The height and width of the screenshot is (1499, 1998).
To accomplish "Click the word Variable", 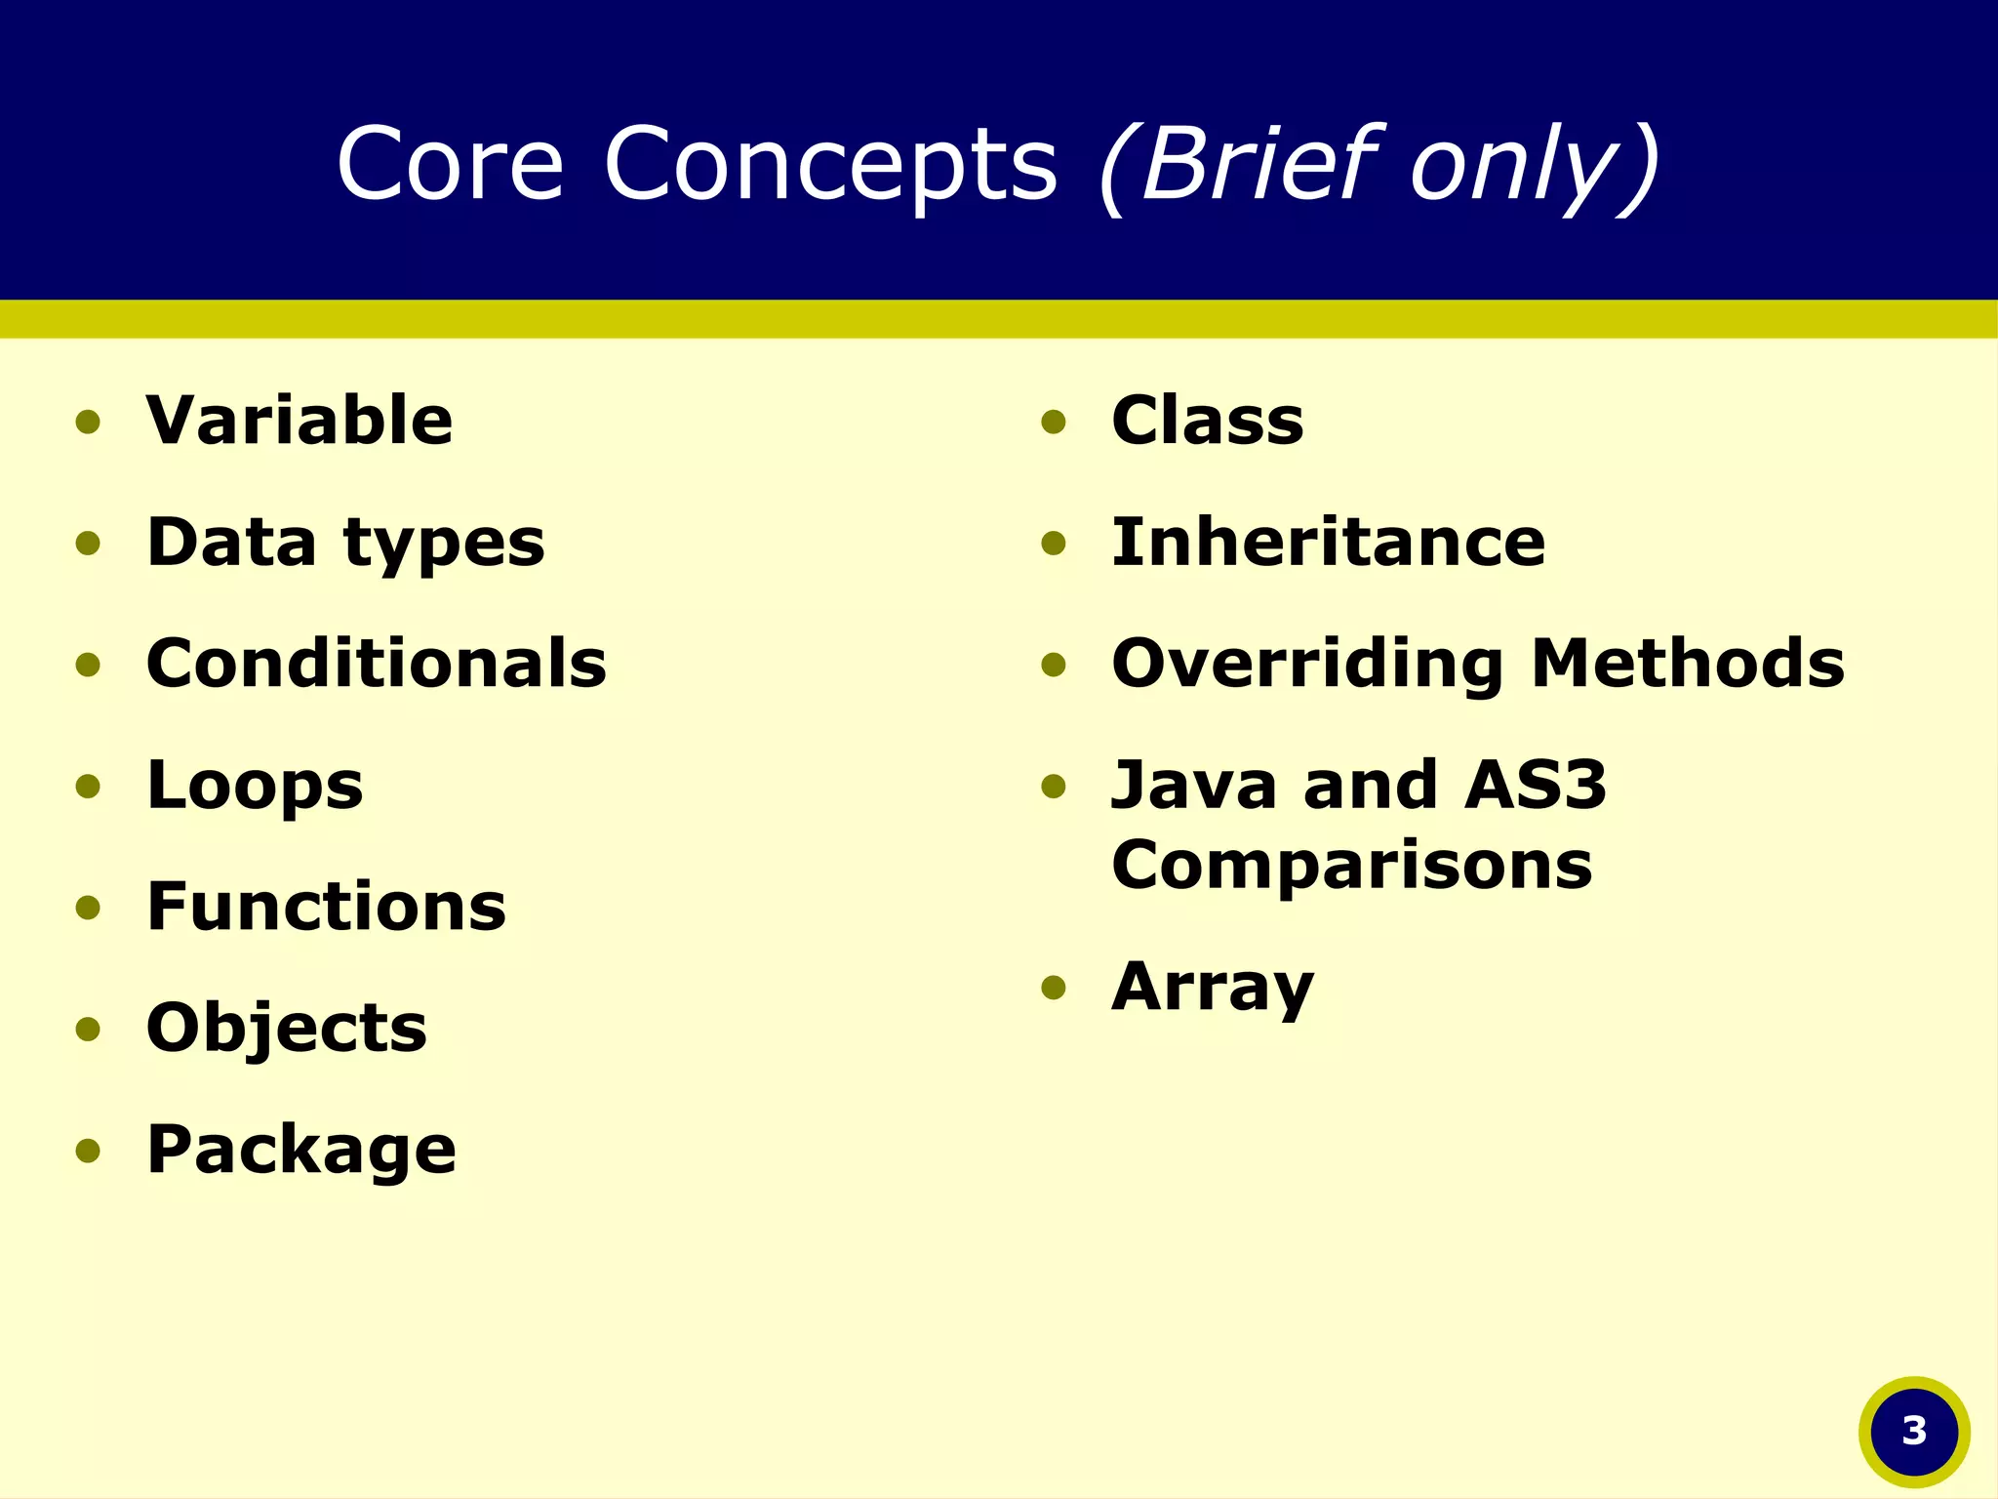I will tap(300, 421).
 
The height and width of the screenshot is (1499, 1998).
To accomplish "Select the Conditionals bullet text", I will tap(376, 664).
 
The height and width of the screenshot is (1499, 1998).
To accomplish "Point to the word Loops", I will tap(255, 787).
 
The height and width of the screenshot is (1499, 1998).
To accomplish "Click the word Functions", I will tap(326, 907).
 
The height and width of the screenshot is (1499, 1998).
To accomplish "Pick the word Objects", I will tap(286, 1029).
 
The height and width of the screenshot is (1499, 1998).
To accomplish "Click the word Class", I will tap(1207, 421).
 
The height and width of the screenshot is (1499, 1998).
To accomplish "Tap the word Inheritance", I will tap(1328, 543).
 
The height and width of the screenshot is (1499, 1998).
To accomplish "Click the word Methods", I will tap(1688, 664).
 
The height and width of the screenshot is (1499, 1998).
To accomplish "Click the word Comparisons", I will tap(1351, 867).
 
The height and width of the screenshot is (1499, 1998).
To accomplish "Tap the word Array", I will tap(1213, 989).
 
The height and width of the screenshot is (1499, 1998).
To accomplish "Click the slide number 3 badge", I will tap(1914, 1431).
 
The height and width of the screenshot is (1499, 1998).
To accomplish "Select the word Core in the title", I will tap(450, 163).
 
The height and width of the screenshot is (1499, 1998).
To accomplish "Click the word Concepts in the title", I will tap(830, 163).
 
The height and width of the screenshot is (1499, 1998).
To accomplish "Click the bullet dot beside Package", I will tap(88, 1151).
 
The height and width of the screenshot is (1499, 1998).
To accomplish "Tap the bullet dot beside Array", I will tap(1054, 989).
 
